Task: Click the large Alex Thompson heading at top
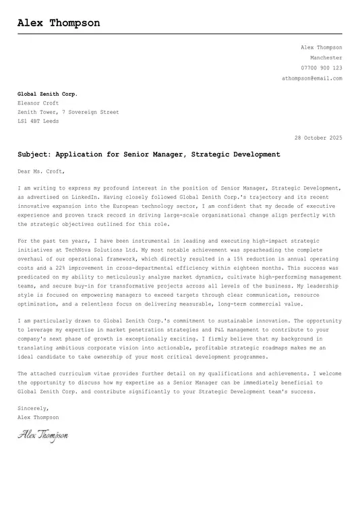(x=59, y=23)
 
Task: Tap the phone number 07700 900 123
(x=321, y=68)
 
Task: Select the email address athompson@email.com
(x=311, y=78)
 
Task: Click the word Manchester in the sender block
(x=326, y=58)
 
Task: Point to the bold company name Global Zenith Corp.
(x=47, y=94)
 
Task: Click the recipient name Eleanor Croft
(x=38, y=103)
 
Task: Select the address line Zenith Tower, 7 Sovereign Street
(x=68, y=113)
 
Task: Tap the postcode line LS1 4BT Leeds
(x=38, y=121)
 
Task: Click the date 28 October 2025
(x=318, y=138)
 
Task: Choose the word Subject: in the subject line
(x=34, y=154)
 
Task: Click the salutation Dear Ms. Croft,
(x=41, y=171)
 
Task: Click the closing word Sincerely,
(x=33, y=408)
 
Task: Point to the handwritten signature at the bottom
(x=42, y=436)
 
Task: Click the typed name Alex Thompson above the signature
(x=38, y=418)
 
